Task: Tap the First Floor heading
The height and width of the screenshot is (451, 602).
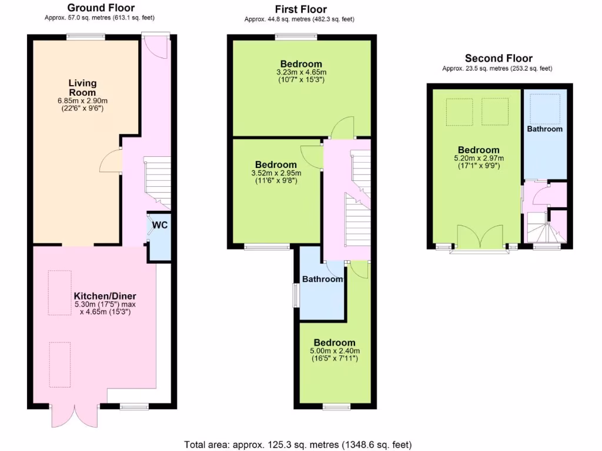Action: point(300,9)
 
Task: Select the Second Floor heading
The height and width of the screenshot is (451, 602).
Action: point(498,58)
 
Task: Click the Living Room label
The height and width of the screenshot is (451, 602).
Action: point(82,87)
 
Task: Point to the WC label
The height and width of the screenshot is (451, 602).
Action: point(160,225)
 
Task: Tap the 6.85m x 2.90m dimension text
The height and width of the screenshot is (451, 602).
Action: point(82,101)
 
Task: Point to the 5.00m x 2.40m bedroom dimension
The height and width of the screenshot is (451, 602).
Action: point(334,351)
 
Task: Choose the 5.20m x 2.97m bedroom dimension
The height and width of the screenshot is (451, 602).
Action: point(479,158)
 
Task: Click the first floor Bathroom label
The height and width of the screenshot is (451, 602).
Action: point(322,279)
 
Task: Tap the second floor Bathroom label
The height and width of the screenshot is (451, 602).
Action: point(544,129)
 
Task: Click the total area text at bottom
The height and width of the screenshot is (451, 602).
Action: point(297,444)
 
